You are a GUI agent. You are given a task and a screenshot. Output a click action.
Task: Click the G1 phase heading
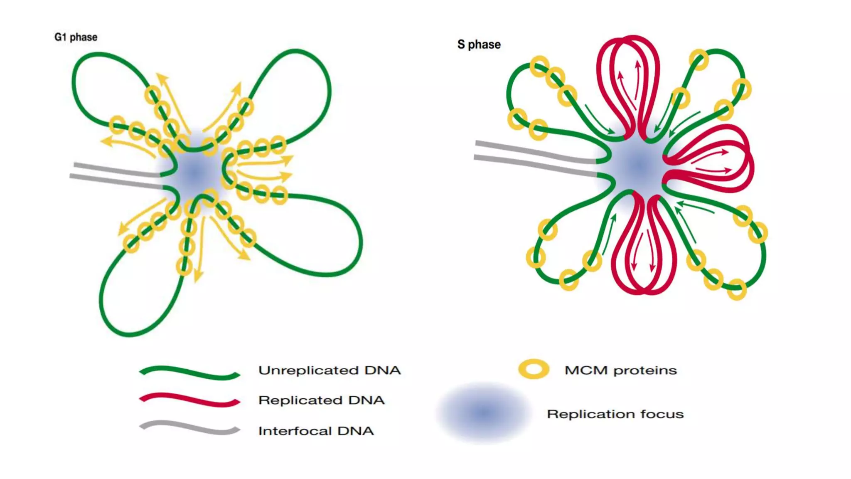pyautogui.click(x=76, y=37)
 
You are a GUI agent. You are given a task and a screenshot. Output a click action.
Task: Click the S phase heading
pyautogui.click(x=479, y=44)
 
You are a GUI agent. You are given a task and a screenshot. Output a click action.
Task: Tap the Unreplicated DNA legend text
pyautogui.click(x=329, y=370)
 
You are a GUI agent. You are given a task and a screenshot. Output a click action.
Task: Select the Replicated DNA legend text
pyautogui.click(x=321, y=400)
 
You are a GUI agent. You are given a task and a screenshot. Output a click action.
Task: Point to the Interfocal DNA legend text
pyautogui.click(x=316, y=431)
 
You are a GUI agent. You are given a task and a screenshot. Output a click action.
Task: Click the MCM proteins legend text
pyautogui.click(x=620, y=370)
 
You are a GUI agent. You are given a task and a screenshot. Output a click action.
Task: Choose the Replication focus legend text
pyautogui.click(x=615, y=414)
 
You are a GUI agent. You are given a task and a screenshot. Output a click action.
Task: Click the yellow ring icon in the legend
pyautogui.click(x=534, y=369)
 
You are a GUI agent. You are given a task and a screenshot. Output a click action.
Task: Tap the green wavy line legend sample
pyautogui.click(x=190, y=373)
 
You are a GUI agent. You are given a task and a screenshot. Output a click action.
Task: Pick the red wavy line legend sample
pyautogui.click(x=190, y=400)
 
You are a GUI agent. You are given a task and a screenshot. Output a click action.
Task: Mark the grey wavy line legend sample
pyautogui.click(x=190, y=427)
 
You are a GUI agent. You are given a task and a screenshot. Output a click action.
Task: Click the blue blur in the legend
pyautogui.click(x=484, y=412)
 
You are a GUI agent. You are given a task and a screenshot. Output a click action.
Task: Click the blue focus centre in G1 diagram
pyautogui.click(x=194, y=173)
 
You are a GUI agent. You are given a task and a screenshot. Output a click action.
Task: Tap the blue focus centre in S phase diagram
pyautogui.click(x=639, y=166)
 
